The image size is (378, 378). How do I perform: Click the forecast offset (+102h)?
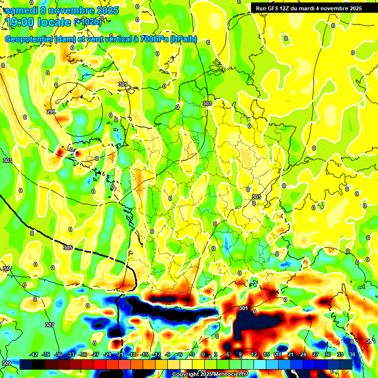pos(88,22)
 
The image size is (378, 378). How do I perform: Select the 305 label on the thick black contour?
pos(68,248)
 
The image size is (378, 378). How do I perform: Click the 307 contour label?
pos(49,325)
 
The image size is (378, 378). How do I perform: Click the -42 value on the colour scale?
pos(34,355)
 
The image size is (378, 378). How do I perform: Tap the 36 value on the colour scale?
pos(352,355)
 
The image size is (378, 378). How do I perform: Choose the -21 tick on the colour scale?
pos(120,355)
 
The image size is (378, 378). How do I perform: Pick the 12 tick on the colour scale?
pos(254,355)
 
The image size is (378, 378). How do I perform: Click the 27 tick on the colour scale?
pos(315,355)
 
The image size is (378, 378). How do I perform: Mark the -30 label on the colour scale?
pos(83,355)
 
